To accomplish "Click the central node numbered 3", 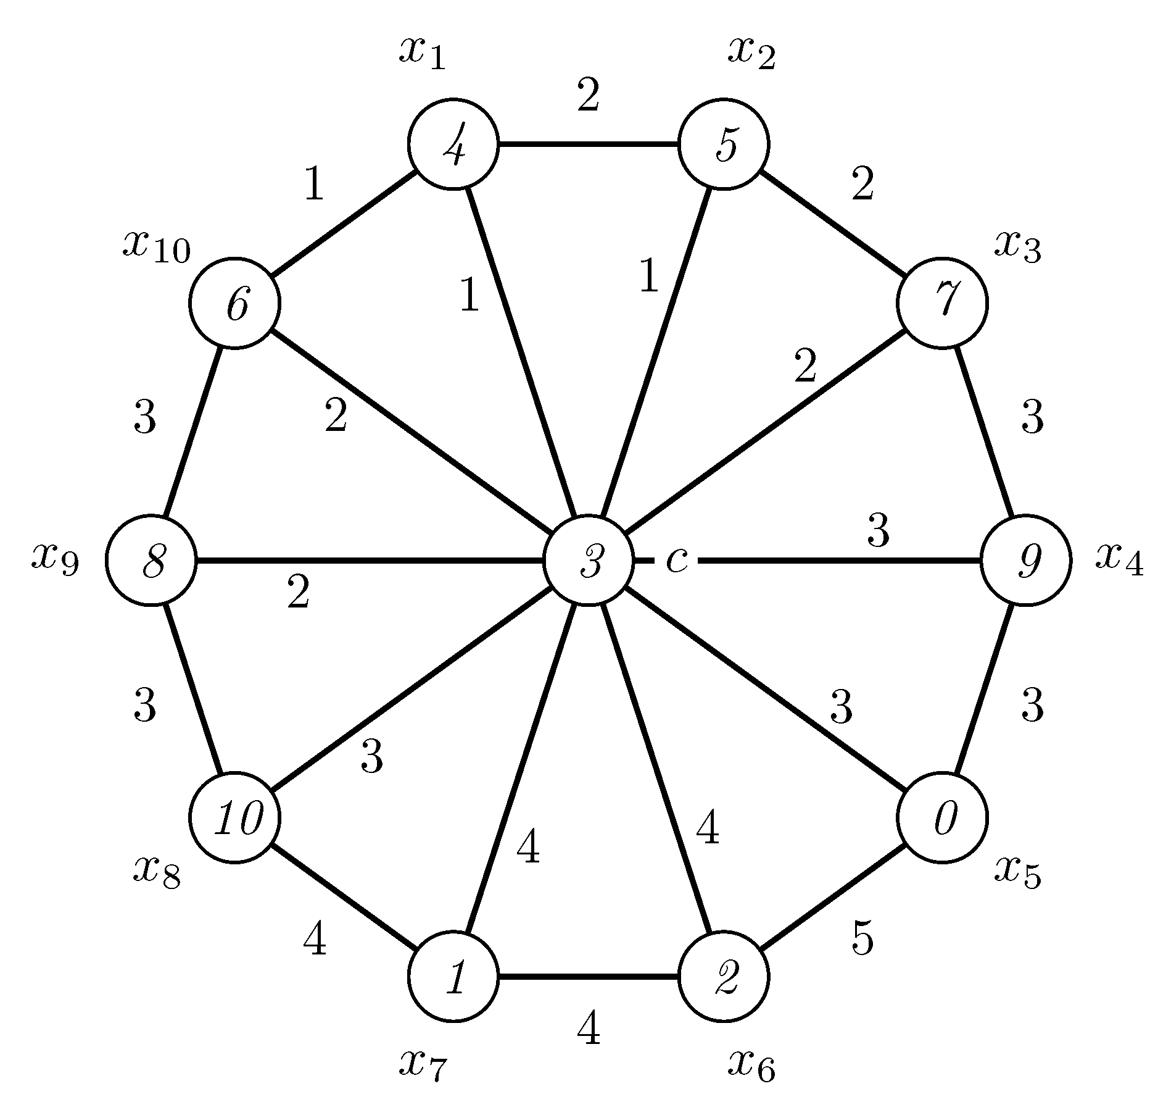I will pos(588,561).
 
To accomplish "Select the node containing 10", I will pos(234,817).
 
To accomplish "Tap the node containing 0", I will pos(942,817).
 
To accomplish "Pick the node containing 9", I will pos(1025,561).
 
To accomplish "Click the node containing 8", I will pos(151,561).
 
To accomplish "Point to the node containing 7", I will pos(942,303).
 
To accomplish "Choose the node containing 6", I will pos(234,303).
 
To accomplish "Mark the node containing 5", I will pos(724,144).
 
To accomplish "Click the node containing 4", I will pos(453,144).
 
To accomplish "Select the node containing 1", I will pos(453,977).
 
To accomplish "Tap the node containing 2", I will pos(724,977).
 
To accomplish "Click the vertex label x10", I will pos(157,247).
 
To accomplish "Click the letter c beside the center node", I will pos(677,561).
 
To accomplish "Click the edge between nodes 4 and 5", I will pos(588,144).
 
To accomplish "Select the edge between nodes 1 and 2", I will pos(588,977).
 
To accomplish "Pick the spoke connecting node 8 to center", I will pos(370,561).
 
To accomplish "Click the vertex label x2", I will pos(751,53).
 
